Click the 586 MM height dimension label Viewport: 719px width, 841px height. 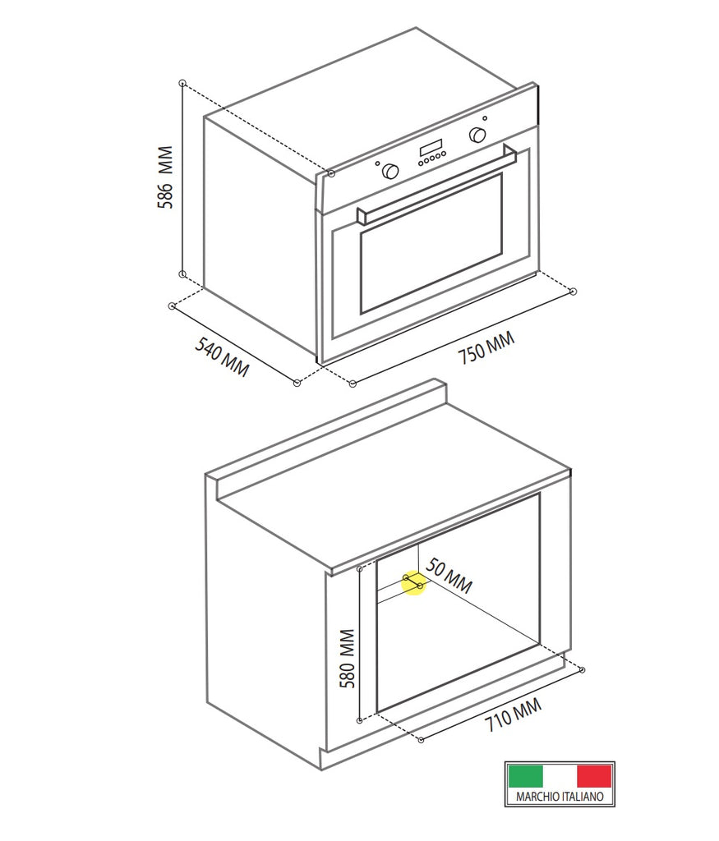[166, 177]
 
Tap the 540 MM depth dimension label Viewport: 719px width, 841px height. [222, 356]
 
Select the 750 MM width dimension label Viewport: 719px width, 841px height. [486, 348]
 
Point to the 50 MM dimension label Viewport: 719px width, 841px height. [449, 576]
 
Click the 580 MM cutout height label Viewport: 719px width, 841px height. [347, 659]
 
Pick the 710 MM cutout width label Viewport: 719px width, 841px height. [514, 715]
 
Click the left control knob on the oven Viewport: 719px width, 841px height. [390, 171]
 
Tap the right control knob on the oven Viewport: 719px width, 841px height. [477, 135]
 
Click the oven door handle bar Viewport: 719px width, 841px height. [436, 183]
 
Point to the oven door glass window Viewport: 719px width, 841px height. [431, 243]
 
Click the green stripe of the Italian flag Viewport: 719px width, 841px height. [526, 775]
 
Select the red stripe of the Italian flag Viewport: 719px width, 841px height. [594, 775]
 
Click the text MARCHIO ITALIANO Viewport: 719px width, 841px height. [560, 797]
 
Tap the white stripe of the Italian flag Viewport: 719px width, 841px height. [560, 775]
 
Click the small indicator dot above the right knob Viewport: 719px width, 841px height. [485, 118]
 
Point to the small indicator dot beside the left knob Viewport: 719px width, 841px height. [378, 164]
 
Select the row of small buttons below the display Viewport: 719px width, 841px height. [431, 157]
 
